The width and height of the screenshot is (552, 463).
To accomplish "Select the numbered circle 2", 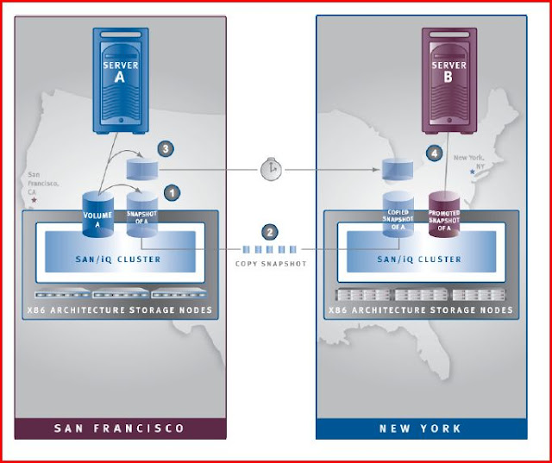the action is click(271, 231).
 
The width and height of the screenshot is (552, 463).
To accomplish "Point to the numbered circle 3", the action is click(166, 149).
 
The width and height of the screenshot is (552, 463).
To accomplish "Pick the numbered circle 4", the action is click(434, 154).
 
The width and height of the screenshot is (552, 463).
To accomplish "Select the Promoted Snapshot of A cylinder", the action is click(445, 216).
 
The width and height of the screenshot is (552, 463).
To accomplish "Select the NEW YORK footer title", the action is click(420, 429).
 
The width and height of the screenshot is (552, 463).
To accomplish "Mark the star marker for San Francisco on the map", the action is click(33, 200).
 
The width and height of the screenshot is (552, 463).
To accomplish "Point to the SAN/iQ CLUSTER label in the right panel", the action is click(420, 259).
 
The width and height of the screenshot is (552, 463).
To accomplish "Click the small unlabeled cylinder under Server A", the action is click(141, 168).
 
